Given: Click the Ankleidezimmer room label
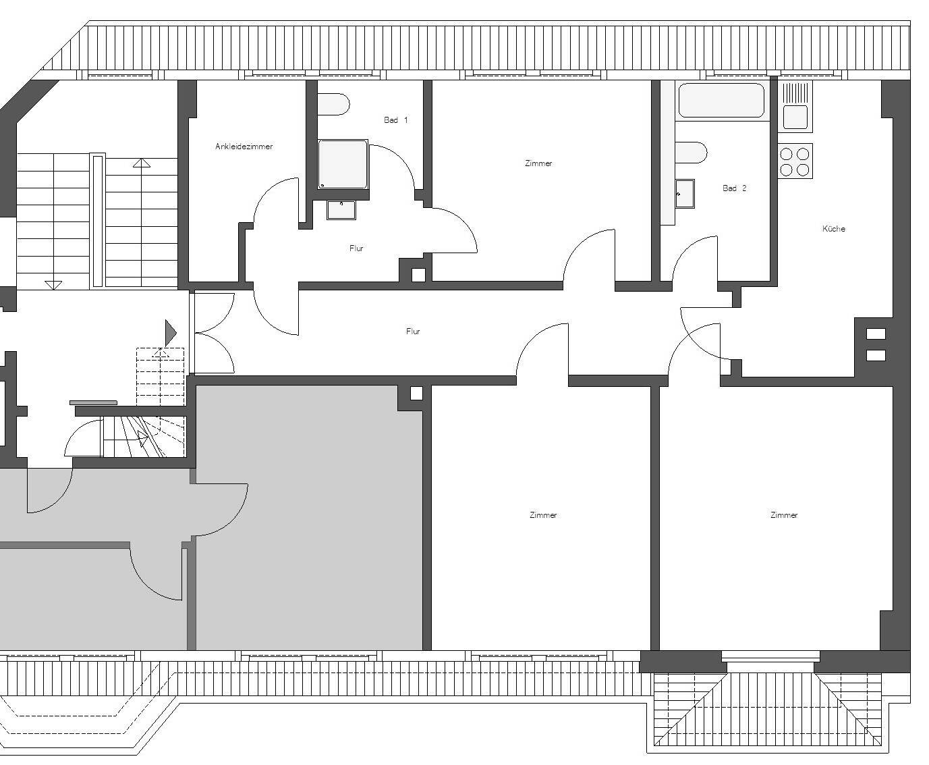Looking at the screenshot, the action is [x=244, y=147].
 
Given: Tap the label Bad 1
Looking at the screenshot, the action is [x=395, y=120].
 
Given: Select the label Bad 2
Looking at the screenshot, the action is [x=734, y=188].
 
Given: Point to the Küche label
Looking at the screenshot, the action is [x=833, y=228].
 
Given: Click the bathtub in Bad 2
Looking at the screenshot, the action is [x=721, y=101].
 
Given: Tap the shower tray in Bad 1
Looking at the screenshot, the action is [x=343, y=165].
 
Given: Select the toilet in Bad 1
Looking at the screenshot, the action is [x=333, y=105].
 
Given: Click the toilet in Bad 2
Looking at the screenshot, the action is [x=691, y=153].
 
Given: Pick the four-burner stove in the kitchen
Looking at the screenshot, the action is [x=795, y=161].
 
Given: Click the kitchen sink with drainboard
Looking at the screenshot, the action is [x=795, y=106].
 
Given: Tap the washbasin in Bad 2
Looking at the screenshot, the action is [x=685, y=194].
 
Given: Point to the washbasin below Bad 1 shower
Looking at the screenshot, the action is [x=341, y=210].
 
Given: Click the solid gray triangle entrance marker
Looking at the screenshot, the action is [x=171, y=333].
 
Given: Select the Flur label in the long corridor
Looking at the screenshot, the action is [x=413, y=331].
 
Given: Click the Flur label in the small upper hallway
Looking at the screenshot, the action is [x=356, y=248].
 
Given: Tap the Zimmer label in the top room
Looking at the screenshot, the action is [x=538, y=163].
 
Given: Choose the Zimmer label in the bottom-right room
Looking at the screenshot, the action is [x=784, y=515].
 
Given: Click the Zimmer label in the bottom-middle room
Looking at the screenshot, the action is [x=543, y=515].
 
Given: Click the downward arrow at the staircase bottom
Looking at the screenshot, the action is [x=53, y=286].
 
